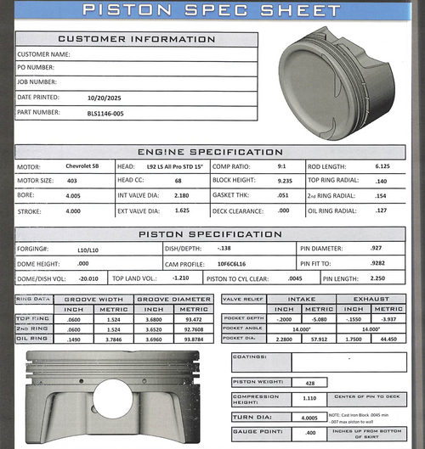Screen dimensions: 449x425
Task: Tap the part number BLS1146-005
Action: [105, 112]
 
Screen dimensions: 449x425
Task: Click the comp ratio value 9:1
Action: [280, 166]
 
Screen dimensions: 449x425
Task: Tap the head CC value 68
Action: [178, 181]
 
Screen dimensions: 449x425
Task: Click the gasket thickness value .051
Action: [283, 195]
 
